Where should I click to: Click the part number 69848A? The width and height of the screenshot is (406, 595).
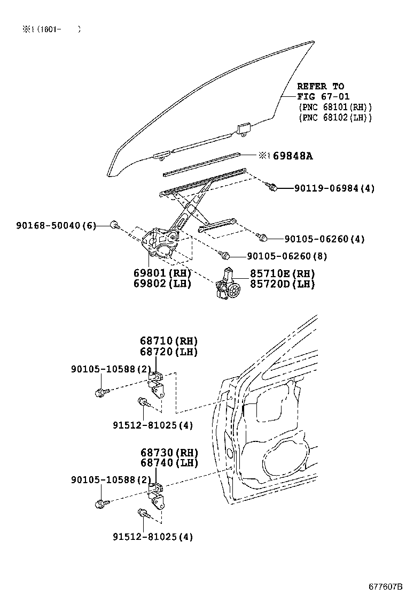[x=293, y=156]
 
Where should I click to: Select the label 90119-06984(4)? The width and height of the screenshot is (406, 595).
[x=334, y=188]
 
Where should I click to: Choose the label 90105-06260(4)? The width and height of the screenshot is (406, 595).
[x=324, y=239]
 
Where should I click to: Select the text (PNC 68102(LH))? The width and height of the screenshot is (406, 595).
[x=334, y=118]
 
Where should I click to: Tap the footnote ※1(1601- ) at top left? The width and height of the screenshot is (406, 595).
[x=51, y=30]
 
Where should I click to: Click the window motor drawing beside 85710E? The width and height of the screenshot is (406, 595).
[x=228, y=286]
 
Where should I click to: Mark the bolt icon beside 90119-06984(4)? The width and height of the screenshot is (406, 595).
[x=272, y=187]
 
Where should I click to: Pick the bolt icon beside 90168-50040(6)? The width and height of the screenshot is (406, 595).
[x=114, y=225]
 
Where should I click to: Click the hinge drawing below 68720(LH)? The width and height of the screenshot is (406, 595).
[x=156, y=386]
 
